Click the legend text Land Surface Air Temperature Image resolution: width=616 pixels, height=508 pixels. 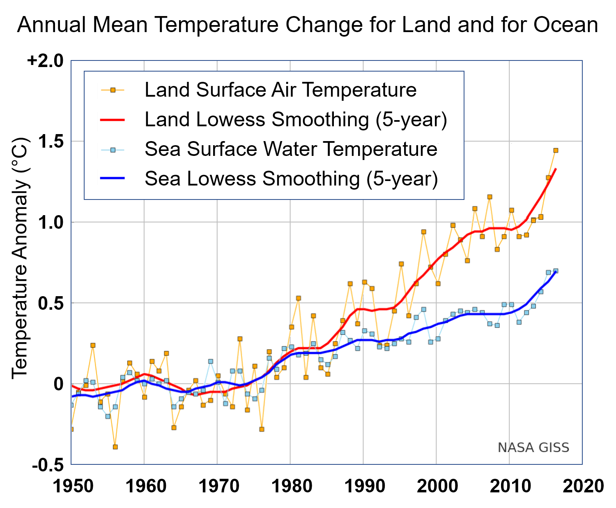tap(280, 90)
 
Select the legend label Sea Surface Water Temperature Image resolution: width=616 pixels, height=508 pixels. tap(291, 149)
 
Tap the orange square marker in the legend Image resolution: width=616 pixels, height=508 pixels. tap(113, 90)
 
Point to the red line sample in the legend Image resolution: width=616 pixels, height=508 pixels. tap(113, 120)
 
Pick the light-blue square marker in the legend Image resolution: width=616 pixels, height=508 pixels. tap(113, 150)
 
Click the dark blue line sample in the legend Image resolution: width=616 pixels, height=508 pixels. tap(113, 179)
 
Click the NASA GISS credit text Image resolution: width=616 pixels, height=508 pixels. tap(533, 448)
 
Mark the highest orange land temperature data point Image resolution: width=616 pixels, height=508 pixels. tap(556, 151)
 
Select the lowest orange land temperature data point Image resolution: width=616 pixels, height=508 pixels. tap(115, 447)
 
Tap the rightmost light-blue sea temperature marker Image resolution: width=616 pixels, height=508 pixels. tap(556, 271)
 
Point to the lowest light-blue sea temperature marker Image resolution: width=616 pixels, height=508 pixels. tap(108, 416)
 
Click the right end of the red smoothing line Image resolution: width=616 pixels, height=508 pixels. tap(556, 169)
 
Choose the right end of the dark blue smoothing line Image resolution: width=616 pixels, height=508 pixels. tap(556, 272)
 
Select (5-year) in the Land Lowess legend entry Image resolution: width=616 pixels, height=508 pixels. tap(411, 120)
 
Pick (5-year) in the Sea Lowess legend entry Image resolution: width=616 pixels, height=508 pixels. tap(402, 179)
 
